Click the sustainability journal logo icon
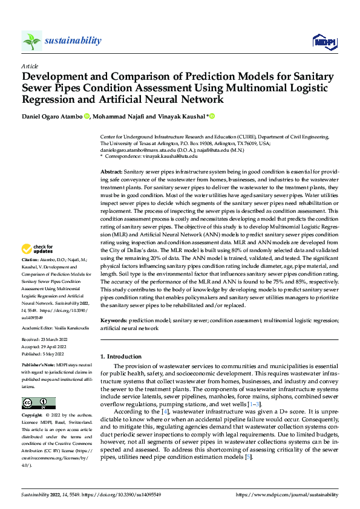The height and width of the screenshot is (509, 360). click(x=31, y=41)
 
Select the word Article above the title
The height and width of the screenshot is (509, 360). click(x=30, y=66)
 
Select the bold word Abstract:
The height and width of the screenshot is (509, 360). click(x=113, y=172)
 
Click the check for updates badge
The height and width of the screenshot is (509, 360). click(x=38, y=249)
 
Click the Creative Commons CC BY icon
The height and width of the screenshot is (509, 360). click(x=38, y=403)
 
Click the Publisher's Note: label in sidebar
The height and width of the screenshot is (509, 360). click(x=38, y=366)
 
